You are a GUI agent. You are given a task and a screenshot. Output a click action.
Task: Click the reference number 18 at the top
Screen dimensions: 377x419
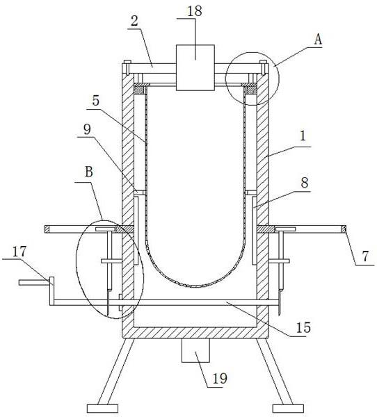(194, 11)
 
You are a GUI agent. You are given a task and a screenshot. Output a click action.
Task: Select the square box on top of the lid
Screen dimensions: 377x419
(195, 67)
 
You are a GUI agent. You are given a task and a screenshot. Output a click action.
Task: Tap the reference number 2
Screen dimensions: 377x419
(134, 21)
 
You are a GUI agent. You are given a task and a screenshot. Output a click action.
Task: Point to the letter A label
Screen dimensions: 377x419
(318, 40)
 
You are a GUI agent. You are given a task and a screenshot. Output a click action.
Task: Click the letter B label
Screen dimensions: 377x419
(89, 172)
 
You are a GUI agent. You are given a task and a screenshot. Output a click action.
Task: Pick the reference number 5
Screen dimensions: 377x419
(96, 101)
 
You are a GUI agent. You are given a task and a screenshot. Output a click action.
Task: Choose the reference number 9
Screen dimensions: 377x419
(87, 130)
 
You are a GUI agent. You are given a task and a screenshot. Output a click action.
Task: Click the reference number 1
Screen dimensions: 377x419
(303, 135)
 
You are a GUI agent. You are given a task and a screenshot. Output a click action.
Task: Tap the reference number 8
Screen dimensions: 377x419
(305, 183)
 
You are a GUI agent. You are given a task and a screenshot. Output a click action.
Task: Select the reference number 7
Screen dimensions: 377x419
(365, 256)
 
